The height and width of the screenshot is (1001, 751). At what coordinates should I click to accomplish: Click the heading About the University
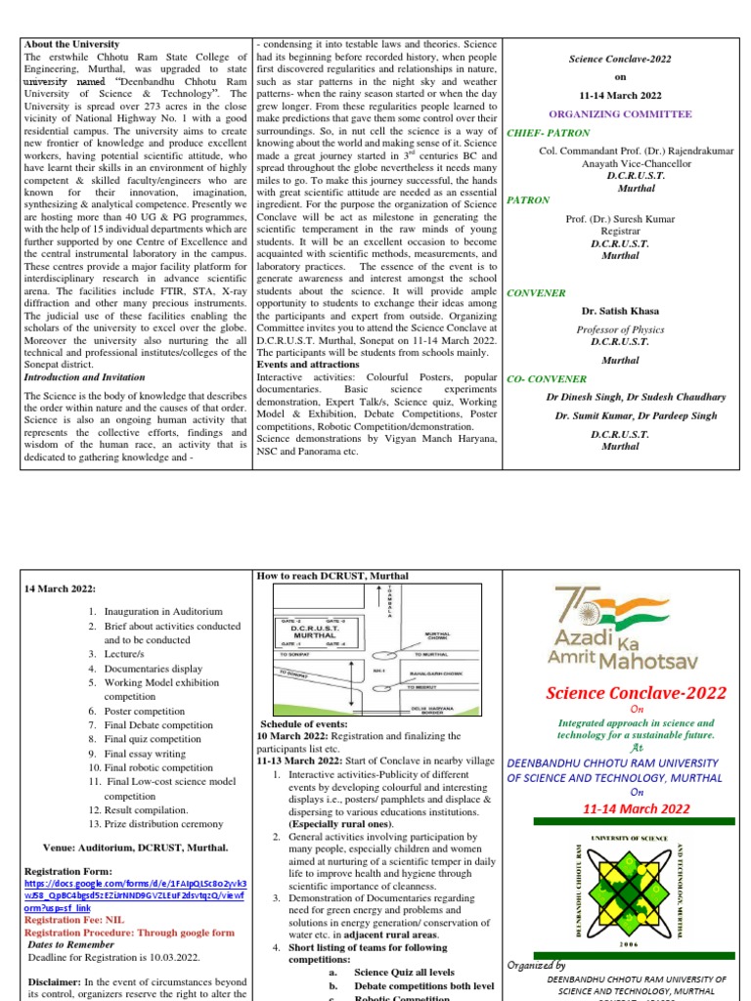(71, 45)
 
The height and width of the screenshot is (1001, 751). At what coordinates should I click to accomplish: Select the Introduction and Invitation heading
(83, 376)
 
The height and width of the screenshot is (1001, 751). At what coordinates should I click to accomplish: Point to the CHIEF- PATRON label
(544, 131)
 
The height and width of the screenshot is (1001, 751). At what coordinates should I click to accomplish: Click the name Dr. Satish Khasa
(620, 312)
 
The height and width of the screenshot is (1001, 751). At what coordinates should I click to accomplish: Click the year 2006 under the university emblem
(624, 944)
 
